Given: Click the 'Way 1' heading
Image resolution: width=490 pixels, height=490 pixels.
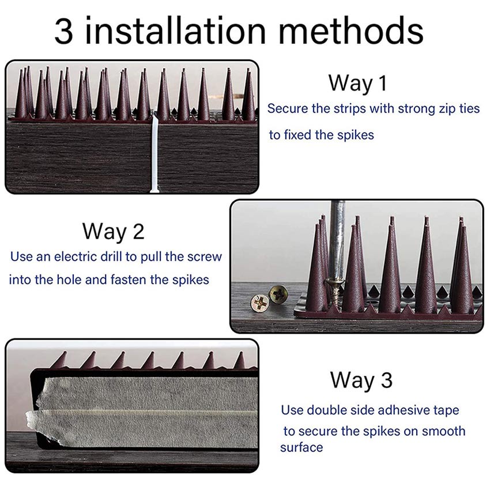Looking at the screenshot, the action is (357, 83).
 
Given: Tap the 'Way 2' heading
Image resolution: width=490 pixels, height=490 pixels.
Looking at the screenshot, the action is (114, 231).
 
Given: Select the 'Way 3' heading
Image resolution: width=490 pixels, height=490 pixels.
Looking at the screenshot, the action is (361, 380).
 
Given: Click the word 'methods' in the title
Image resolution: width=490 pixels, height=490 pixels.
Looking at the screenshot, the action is (350, 31).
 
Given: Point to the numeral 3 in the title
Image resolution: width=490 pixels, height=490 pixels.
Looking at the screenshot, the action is (64, 31).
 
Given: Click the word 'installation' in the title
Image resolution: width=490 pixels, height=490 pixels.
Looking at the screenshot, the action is (175, 31).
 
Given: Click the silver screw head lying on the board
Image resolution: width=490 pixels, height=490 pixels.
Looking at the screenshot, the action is (259, 303).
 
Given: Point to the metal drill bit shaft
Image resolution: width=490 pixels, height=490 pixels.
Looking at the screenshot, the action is (337, 240).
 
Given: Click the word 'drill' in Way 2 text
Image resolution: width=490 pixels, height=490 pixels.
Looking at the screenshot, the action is (111, 257).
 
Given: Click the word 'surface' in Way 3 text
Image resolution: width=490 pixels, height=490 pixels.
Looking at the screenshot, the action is (301, 447).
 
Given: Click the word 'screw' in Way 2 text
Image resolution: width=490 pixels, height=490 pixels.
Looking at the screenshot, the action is (205, 257).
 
